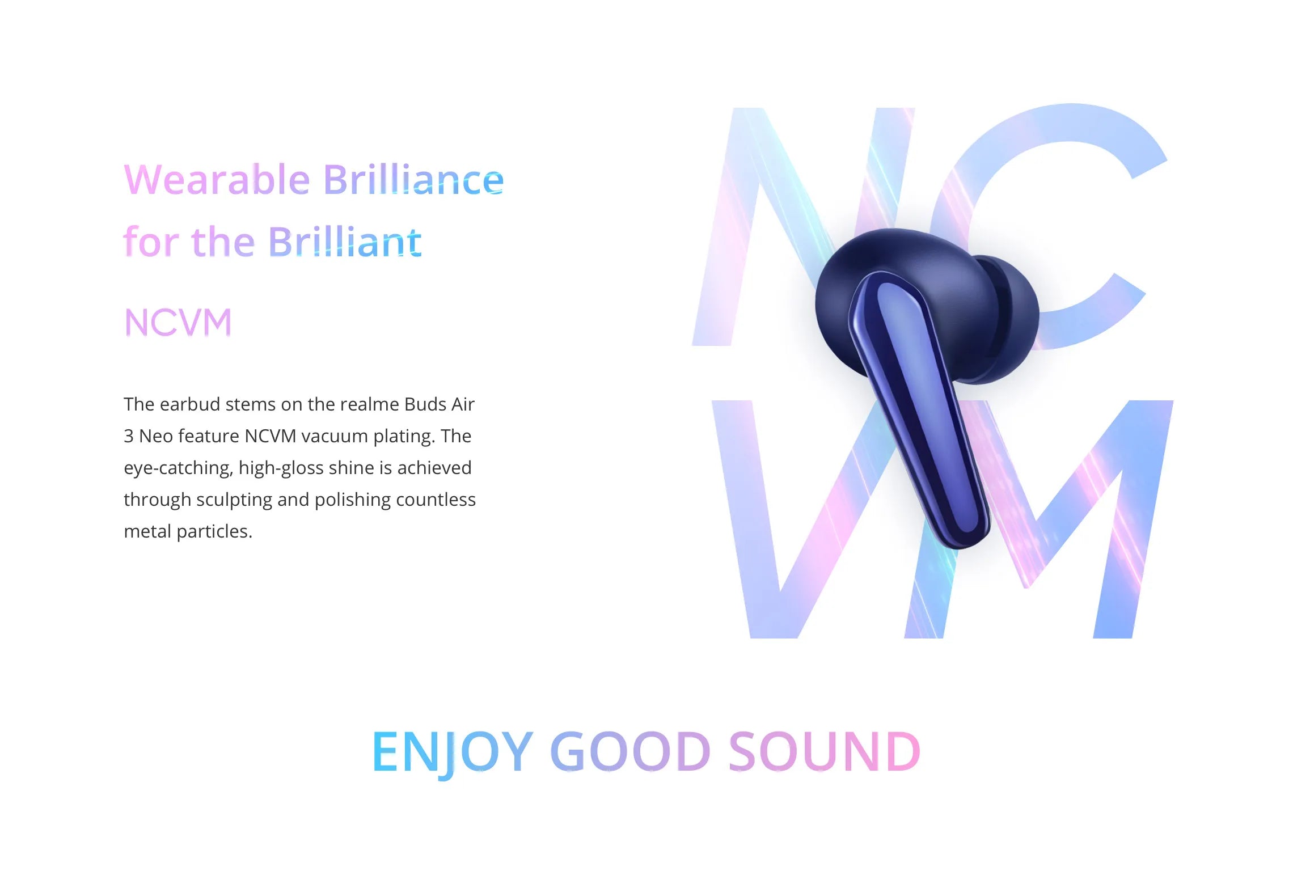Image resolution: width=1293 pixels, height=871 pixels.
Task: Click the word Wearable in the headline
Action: pyautogui.click(x=217, y=180)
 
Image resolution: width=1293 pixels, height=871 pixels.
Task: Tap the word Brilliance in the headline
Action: pyautogui.click(x=413, y=179)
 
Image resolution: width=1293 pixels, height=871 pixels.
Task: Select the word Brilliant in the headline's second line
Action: pyautogui.click(x=345, y=242)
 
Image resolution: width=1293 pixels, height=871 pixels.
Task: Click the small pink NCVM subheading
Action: pyautogui.click(x=178, y=322)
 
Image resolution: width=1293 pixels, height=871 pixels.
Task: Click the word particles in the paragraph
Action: pyautogui.click(x=214, y=532)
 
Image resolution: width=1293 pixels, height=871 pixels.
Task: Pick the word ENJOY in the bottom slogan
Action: pyautogui.click(x=453, y=752)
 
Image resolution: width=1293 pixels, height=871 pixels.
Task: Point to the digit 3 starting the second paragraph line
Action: pyautogui.click(x=129, y=436)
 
